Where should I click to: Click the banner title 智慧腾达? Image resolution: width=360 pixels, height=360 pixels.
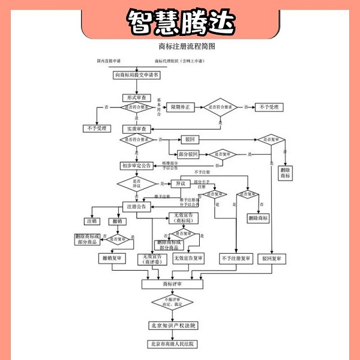point(179,22)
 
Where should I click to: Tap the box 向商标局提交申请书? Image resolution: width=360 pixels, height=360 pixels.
point(136,75)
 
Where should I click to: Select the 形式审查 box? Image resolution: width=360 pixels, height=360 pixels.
point(136,97)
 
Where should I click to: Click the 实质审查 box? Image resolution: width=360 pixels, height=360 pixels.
point(136,129)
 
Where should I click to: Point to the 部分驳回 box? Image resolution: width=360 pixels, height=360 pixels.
point(188,154)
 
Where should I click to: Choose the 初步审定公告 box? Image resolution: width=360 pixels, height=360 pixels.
point(136,166)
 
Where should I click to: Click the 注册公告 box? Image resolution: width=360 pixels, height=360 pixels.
point(136,206)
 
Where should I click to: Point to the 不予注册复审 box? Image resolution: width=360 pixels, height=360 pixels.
point(236,258)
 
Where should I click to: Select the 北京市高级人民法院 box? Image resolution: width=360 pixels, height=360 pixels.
point(173,344)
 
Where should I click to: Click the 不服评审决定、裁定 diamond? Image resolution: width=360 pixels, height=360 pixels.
point(173,302)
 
